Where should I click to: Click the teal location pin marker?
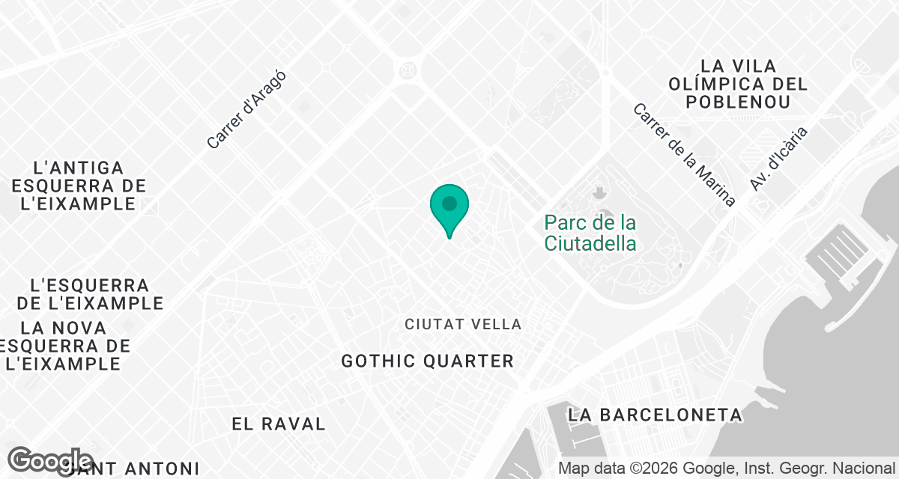(449, 207)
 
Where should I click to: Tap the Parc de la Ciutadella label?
(590, 233)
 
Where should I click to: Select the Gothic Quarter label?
(427, 361)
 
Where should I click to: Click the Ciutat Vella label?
(463, 324)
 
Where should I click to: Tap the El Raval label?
(279, 424)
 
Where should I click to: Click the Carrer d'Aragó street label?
(246, 109)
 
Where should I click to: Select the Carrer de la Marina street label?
(684, 154)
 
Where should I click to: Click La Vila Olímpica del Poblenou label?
(739, 84)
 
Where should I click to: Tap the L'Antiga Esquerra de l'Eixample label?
(79, 186)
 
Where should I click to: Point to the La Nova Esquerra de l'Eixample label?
(65, 346)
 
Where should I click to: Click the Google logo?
(51, 462)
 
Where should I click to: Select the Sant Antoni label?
(135, 469)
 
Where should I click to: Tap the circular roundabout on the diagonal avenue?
(408, 70)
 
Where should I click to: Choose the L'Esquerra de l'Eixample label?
(90, 295)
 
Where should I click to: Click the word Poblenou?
(739, 102)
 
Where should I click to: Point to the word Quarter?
(469, 361)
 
